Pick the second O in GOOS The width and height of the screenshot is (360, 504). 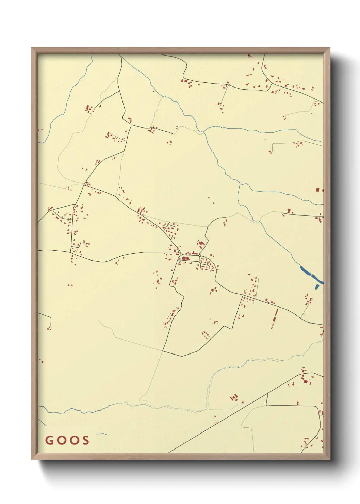pos(74,440)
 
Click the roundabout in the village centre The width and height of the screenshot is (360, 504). pos(200,256)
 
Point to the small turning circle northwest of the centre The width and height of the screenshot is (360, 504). pos(169,224)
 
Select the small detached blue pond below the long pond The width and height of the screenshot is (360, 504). pos(317,286)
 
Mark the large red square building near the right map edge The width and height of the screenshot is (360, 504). pos(318,190)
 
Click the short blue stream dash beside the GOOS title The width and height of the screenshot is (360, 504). pos(101,434)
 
